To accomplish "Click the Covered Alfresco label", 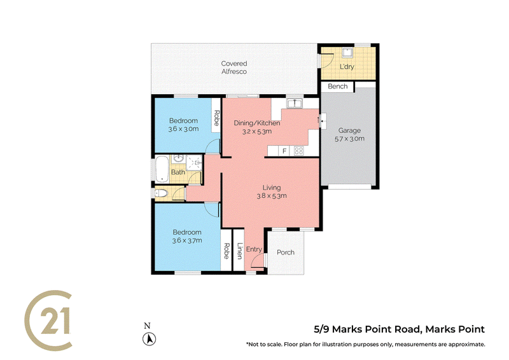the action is coord(234,67).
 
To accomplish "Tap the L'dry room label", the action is coord(347,67).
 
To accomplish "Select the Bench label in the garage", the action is coord(338,87).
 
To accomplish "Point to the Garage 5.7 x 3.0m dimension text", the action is coord(349,139).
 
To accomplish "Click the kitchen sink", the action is coord(295,104).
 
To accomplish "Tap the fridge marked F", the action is coord(284,151).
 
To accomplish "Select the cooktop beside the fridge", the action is coord(298,151).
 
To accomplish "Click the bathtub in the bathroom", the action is coord(162,169).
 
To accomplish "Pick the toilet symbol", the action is coord(161,193).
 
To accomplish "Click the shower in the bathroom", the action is coord(194,163).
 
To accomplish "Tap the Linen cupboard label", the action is coord(240,251).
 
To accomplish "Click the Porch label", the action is coord(286,253).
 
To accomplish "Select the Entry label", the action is coord(254,249).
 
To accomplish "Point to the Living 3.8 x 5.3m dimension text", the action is coord(272,196).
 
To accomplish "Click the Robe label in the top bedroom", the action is coord(216,118).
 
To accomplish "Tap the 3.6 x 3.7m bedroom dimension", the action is coord(187,240).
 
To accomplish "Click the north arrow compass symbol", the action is coord(150,339).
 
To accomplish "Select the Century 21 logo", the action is coord(48,321).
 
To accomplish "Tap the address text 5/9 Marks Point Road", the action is coord(367,329).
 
